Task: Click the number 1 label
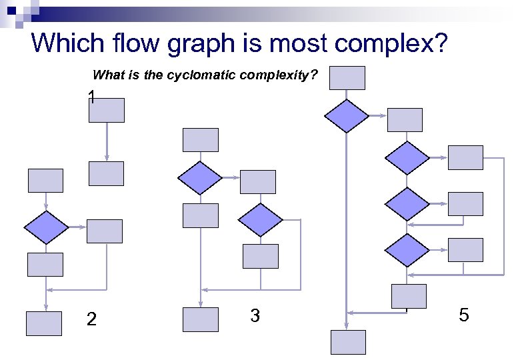point(91,97)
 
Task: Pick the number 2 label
point(92,320)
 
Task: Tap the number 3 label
point(255,315)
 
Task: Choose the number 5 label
point(464,314)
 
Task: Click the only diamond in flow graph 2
point(45,227)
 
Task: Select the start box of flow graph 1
point(107,110)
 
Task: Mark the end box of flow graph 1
point(107,173)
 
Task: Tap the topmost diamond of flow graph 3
point(200,178)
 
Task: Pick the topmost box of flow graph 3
point(201,140)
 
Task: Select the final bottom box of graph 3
point(201,319)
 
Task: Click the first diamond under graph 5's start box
point(347,116)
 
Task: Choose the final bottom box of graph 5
point(349,342)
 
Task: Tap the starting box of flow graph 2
point(45,181)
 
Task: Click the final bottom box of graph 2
point(44,323)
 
